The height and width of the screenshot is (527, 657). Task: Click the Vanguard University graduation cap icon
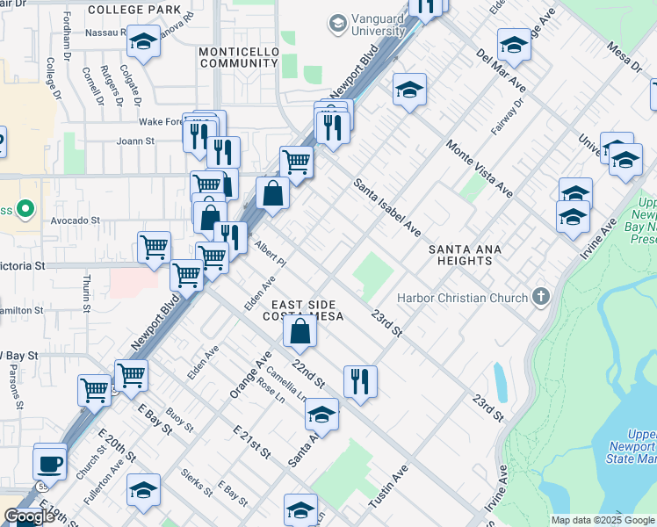pos(337,24)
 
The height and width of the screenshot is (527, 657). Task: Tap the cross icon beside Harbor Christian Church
pos(540,297)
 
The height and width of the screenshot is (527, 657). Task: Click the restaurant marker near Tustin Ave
pos(360,381)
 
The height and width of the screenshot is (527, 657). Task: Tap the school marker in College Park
pos(143,42)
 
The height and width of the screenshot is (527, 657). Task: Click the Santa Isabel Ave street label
pos(386,208)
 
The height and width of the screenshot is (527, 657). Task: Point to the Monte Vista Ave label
pos(479,168)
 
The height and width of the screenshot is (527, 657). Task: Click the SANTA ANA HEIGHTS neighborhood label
pos(465,256)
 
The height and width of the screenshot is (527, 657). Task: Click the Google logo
pos(30,516)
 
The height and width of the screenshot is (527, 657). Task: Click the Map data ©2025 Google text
pos(603,520)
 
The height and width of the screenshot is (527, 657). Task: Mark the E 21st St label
pos(251,442)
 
